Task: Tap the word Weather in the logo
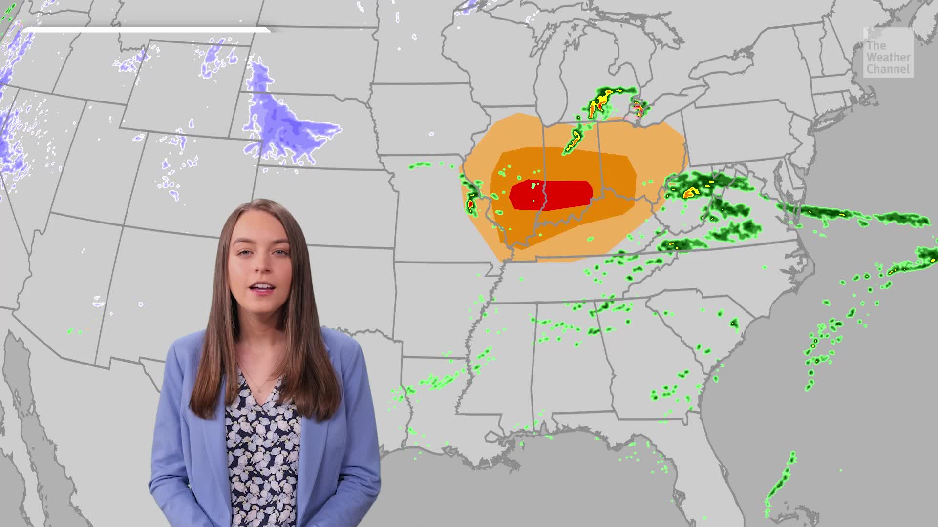(888, 58)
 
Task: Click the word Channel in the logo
(888, 70)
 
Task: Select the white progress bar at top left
(147, 30)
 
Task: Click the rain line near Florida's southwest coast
(779, 481)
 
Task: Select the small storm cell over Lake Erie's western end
(638, 107)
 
